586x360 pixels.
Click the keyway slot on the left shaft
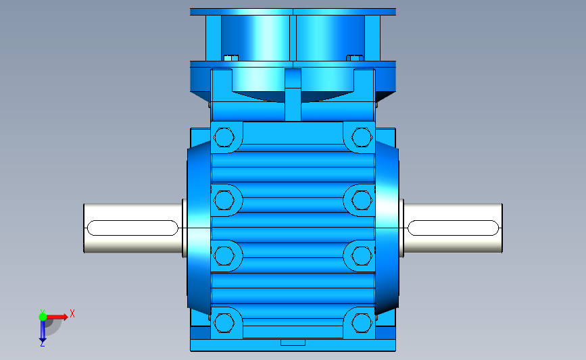[x=132, y=228]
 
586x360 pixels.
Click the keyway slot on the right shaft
[x=453, y=228]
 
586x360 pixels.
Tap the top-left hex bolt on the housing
[x=224, y=137]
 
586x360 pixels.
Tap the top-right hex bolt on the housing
[x=362, y=137]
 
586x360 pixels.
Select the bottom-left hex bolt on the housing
[x=224, y=323]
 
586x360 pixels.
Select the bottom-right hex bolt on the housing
[x=362, y=323]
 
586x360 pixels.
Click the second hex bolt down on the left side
[x=224, y=200]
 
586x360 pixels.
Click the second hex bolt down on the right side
[x=362, y=200]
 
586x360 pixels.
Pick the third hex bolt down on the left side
[x=224, y=256]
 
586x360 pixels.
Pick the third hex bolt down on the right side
[x=362, y=256]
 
